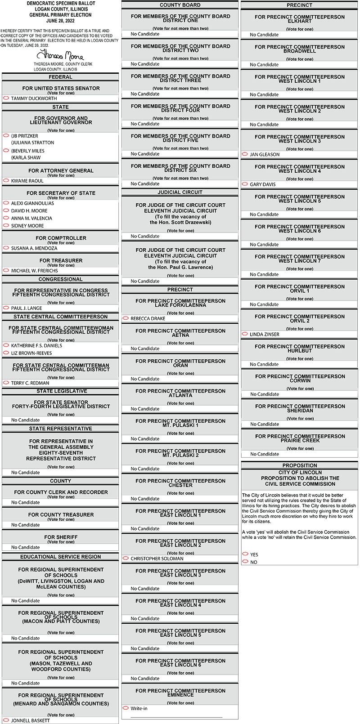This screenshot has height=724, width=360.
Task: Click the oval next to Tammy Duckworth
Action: pos(6,98)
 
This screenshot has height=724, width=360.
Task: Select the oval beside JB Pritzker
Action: pos(6,135)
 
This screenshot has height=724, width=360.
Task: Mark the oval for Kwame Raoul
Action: pos(6,180)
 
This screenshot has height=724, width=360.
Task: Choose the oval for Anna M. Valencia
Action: pos(6,218)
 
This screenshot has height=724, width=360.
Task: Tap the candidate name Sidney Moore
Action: pos(27,226)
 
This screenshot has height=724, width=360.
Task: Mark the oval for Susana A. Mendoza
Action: pos(6,248)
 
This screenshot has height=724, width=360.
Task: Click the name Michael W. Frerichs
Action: pos(35,271)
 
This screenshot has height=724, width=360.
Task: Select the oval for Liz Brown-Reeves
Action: pos(6,353)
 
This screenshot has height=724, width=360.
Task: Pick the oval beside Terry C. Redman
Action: pos(6,383)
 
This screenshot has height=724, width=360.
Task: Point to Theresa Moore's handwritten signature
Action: pos(60,56)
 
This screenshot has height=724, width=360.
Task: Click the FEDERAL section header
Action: pos(60,77)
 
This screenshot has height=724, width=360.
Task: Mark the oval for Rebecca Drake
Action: pos(126,318)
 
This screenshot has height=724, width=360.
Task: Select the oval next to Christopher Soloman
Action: pos(126,558)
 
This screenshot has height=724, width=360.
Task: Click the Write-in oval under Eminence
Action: pos(126,708)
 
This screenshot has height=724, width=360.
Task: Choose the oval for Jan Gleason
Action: pos(245,154)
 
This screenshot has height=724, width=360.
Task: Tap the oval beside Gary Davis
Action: pos(245,184)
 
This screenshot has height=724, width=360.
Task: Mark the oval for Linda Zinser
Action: pos(245,334)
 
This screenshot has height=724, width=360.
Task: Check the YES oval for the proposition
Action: pos(245,554)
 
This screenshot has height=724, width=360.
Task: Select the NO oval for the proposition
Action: pos(245,562)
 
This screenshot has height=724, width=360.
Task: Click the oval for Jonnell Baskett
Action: pos(6,720)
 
